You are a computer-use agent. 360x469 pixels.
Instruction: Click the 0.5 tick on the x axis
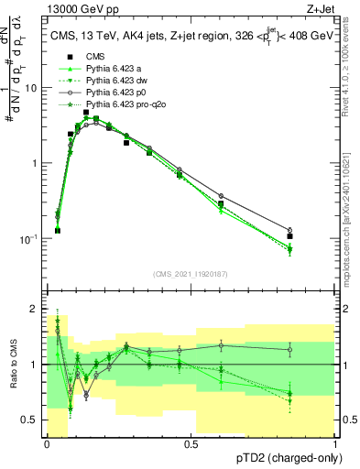click(191, 443)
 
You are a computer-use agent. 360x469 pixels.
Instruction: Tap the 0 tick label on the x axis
click(47, 443)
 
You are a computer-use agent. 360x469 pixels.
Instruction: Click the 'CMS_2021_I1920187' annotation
click(190, 273)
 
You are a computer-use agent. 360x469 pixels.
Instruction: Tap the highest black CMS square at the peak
click(86, 113)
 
